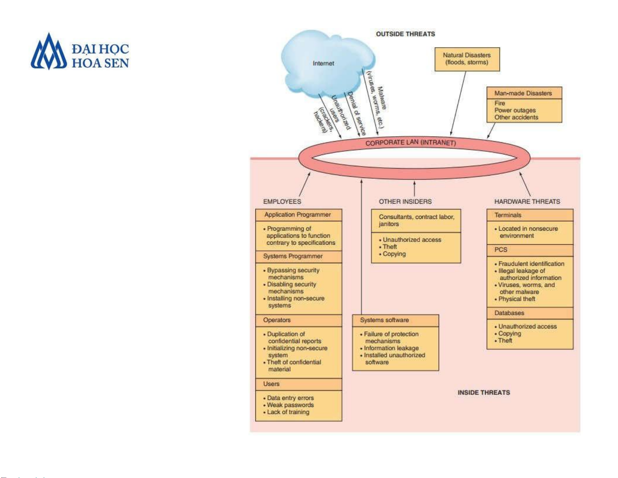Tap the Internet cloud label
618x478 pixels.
point(323,63)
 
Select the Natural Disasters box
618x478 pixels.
point(467,59)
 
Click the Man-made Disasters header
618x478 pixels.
point(523,93)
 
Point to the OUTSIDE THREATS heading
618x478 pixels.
point(405,34)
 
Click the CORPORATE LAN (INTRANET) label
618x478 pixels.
point(411,143)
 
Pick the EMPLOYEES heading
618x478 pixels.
point(282,201)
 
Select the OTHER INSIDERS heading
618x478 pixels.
point(405,201)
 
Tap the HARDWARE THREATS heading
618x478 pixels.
point(527,201)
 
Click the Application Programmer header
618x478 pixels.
point(297,215)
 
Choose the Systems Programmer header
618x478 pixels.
point(293,256)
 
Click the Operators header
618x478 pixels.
point(277,320)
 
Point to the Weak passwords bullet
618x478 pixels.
point(290,405)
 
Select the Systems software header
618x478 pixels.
point(384,320)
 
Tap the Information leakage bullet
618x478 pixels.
point(391,348)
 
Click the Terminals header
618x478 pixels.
point(508,215)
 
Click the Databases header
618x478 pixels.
point(509,313)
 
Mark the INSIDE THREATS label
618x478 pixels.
point(483,393)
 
